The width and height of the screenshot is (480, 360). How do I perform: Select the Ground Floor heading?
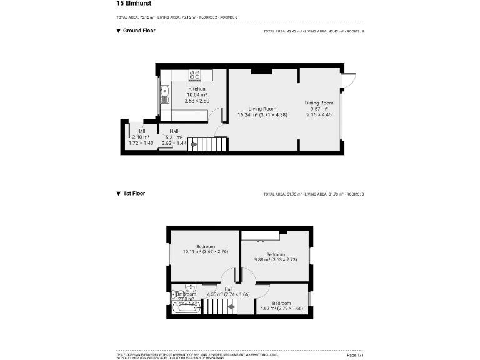click(138, 31)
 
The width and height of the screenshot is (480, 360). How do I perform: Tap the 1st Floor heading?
click(134, 194)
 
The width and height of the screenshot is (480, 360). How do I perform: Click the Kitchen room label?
click(197, 89)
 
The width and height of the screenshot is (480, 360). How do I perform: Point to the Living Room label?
click(262, 109)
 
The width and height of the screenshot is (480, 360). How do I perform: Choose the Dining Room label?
click(319, 103)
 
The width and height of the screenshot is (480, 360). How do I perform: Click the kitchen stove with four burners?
click(194, 74)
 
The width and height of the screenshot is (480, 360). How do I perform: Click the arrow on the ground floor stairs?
click(194, 144)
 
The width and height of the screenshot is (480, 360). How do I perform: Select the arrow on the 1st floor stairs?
click(231, 306)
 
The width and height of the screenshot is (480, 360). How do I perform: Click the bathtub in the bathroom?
click(186, 307)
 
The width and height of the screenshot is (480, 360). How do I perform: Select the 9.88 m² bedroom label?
click(275, 255)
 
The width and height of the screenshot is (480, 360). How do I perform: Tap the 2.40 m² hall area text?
click(141, 137)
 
